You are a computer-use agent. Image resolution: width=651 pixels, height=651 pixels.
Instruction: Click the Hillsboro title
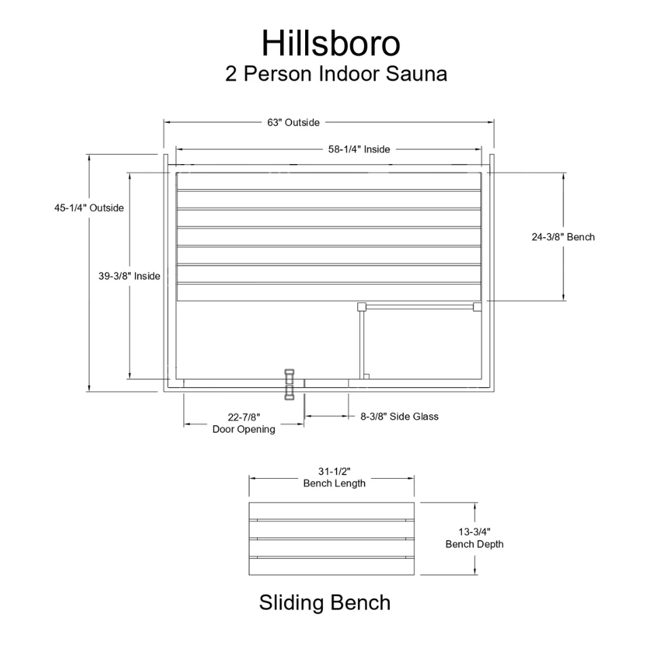tap(331, 43)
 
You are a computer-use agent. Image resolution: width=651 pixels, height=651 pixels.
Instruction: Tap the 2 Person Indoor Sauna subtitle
tap(336, 73)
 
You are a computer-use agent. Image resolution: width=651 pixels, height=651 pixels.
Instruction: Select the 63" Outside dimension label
tap(293, 123)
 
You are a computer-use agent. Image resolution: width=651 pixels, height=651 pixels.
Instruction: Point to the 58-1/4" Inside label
tap(359, 149)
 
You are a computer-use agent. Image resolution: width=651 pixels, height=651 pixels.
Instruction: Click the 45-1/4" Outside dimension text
tap(89, 208)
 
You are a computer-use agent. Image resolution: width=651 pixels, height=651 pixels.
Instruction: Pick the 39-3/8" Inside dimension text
tap(129, 276)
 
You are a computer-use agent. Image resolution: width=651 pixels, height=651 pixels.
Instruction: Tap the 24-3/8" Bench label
tap(563, 237)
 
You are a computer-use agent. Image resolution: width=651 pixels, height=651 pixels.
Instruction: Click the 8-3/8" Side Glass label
tap(399, 416)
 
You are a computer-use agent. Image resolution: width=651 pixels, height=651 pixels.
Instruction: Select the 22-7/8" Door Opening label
tap(243, 423)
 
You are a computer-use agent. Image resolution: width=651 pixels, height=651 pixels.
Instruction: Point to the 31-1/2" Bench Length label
tap(334, 477)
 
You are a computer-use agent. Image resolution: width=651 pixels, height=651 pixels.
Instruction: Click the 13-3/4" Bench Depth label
tap(474, 538)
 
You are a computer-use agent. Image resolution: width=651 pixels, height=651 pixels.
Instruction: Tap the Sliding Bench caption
tap(325, 602)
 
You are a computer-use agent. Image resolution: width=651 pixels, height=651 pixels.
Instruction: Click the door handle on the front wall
tap(289, 384)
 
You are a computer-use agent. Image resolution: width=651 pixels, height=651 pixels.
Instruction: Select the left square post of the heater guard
tap(361, 307)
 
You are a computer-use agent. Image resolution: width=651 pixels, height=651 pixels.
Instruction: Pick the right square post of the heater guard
tap(477, 307)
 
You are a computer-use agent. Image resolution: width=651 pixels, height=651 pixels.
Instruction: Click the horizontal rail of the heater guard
tap(419, 307)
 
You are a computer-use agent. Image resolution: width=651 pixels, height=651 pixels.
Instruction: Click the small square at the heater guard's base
tap(367, 376)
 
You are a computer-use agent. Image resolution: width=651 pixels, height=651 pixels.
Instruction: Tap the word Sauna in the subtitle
tap(416, 73)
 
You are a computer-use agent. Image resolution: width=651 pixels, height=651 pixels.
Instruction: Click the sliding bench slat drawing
tap(332, 539)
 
